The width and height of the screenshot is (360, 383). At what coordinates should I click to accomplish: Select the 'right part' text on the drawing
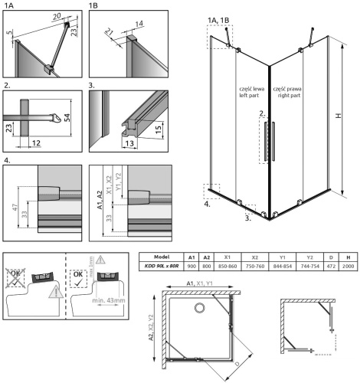point(287,97)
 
